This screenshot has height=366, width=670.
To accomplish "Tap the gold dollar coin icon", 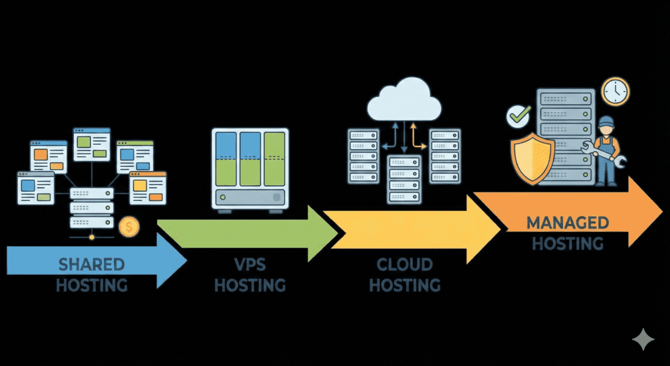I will tap(130, 227).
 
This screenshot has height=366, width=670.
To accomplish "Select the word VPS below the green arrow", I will tap(250, 265).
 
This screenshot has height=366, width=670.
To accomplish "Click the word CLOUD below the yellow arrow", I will tap(404, 265).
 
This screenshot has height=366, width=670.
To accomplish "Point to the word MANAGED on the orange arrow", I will tap(567, 223).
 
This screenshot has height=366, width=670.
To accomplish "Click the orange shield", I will tap(532, 156).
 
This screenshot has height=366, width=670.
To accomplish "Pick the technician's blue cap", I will tap(607, 120).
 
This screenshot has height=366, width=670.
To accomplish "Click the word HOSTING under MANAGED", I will tap(567, 244).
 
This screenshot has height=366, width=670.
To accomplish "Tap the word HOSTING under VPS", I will tap(250, 285).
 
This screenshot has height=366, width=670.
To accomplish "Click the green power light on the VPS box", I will tap(224, 197).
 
